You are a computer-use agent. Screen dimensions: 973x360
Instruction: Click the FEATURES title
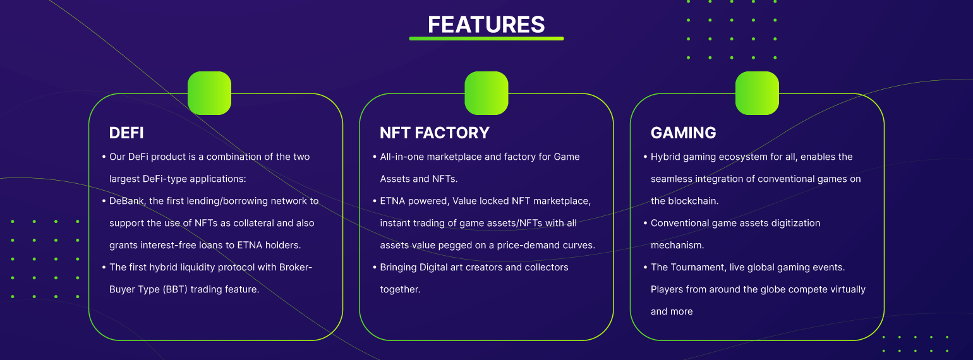pos(486,25)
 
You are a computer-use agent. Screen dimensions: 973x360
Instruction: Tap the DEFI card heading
pos(126,133)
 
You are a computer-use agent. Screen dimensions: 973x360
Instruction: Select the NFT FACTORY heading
pos(435,133)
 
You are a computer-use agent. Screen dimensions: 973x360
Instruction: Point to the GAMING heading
pos(683,133)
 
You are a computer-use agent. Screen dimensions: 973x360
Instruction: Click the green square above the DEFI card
pos(209,93)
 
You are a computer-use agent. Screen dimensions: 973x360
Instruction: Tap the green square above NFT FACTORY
pos(486,93)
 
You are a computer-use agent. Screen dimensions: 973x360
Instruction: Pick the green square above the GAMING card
pos(757,93)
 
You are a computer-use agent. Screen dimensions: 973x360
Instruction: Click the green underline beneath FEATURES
pos(486,39)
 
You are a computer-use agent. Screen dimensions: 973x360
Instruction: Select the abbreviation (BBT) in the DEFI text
pos(175,290)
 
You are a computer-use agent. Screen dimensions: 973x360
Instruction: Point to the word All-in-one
pos(402,157)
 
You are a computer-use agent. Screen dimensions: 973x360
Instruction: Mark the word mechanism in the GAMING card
pos(677,245)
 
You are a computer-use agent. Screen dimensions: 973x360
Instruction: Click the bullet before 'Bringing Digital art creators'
pos(375,268)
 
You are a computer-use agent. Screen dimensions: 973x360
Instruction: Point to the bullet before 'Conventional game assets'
pos(645,223)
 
